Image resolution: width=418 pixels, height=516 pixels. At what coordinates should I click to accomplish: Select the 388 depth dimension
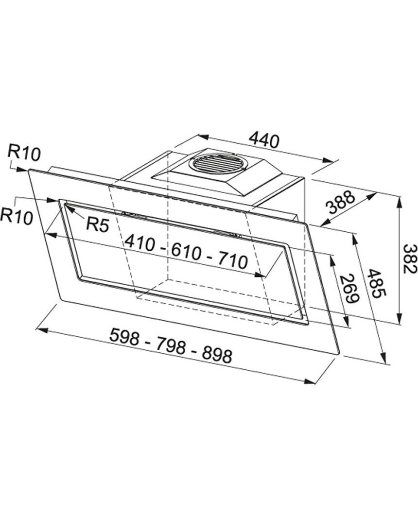tap(341, 203)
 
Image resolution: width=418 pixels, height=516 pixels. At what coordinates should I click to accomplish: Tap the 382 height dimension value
tap(410, 259)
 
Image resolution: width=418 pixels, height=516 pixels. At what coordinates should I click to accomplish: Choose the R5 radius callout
tap(97, 225)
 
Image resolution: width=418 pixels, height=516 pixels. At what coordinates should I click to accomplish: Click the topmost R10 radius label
tap(24, 154)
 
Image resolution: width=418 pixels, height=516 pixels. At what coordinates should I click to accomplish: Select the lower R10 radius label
tap(17, 216)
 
